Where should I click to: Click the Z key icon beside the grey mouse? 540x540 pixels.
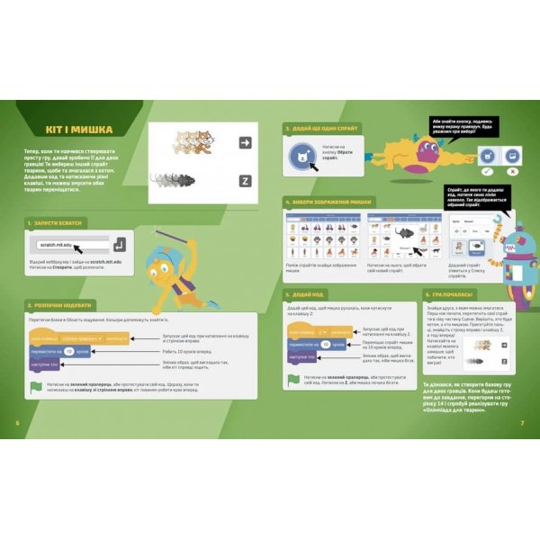click(244, 180)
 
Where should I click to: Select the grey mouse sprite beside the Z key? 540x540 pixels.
click(170, 179)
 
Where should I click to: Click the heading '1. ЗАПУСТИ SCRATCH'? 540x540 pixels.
click(59, 222)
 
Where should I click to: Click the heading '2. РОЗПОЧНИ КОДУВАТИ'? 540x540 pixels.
click(63, 305)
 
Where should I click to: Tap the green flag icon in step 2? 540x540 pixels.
click(36, 386)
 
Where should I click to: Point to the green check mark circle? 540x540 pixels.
click(487, 170)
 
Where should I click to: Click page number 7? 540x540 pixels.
click(523, 423)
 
